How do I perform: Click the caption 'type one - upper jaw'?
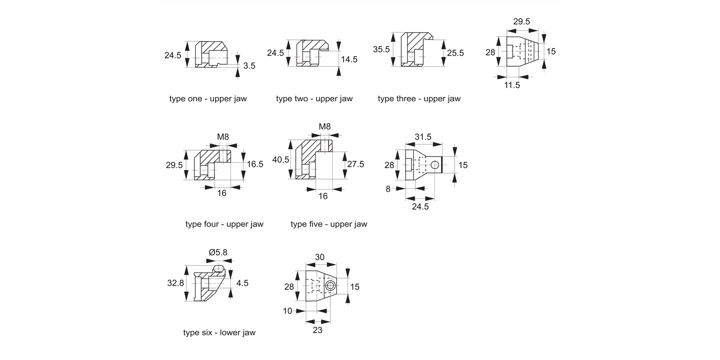pyautogui.click(x=208, y=99)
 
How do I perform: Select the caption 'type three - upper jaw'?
pyautogui.click(x=419, y=99)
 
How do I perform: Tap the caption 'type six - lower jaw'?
pyautogui.click(x=219, y=333)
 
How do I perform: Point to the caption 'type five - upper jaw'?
pyautogui.click(x=329, y=224)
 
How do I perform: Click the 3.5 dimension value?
pyautogui.click(x=249, y=66)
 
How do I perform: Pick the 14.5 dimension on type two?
pyautogui.click(x=349, y=60)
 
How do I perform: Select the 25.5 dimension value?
pyautogui.click(x=455, y=53)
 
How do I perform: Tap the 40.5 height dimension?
pyautogui.click(x=281, y=160)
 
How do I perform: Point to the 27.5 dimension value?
pyautogui.click(x=355, y=164)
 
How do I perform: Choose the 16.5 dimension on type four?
pyautogui.click(x=255, y=164)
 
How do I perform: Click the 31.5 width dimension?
pyautogui.click(x=422, y=137)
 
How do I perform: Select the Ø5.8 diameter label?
pyautogui.click(x=219, y=252)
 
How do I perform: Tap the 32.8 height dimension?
pyautogui.click(x=176, y=283)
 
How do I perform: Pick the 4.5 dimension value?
pyautogui.click(x=242, y=283)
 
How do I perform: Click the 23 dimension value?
pyautogui.click(x=317, y=330)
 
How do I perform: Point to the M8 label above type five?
pyautogui.click(x=324, y=127)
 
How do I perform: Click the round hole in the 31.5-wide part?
pyautogui.click(x=434, y=165)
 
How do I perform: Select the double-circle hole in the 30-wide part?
pyautogui.click(x=330, y=287)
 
